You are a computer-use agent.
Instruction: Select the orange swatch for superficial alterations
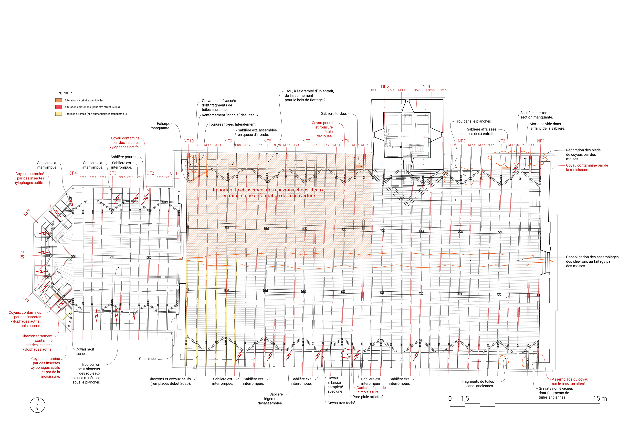(x=58, y=100)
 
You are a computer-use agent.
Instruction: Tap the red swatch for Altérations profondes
(x=58, y=107)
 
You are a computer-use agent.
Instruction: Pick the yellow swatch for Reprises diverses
(x=58, y=114)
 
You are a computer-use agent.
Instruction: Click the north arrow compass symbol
(x=37, y=405)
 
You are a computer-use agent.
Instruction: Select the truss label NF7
(x=306, y=141)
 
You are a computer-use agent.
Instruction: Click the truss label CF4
(x=73, y=173)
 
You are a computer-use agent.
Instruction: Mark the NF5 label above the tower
(x=385, y=86)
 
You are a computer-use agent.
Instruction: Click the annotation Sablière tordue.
(x=334, y=114)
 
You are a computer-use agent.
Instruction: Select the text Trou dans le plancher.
(x=473, y=121)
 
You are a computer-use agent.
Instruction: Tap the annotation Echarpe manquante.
(x=160, y=126)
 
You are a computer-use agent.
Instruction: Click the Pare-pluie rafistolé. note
(x=368, y=397)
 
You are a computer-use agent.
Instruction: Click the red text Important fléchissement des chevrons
(x=268, y=190)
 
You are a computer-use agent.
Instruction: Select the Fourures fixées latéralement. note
(x=232, y=124)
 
